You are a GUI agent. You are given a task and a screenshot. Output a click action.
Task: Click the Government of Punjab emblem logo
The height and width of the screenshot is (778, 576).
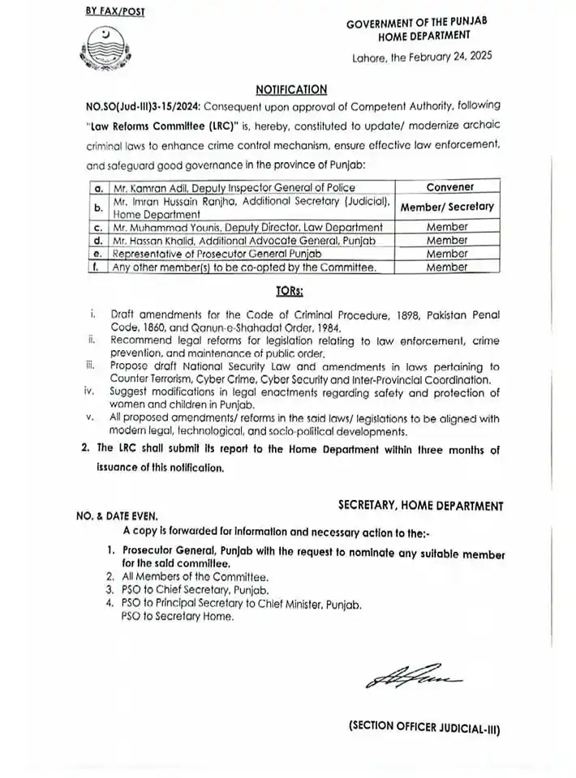click(x=105, y=51)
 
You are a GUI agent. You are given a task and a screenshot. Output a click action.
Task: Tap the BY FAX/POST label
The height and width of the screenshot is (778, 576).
click(x=110, y=12)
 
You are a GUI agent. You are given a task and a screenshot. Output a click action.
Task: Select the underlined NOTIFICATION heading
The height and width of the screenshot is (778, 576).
click(x=291, y=89)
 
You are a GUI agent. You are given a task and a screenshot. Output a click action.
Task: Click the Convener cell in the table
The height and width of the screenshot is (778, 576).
click(x=449, y=186)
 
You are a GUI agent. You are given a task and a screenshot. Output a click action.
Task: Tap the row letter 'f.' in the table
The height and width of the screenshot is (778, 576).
click(x=96, y=267)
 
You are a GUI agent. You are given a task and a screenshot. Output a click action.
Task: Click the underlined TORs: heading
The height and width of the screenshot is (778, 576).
click(x=290, y=289)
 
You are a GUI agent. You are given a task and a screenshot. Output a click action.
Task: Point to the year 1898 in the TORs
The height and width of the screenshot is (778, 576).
click(x=400, y=313)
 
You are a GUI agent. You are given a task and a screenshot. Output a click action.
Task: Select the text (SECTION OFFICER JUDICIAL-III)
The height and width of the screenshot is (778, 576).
click(x=423, y=728)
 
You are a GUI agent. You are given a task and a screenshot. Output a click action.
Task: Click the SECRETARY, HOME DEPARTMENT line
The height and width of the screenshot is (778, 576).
click(x=419, y=506)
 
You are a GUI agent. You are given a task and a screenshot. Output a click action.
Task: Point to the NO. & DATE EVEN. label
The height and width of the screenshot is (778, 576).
click(x=114, y=515)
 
